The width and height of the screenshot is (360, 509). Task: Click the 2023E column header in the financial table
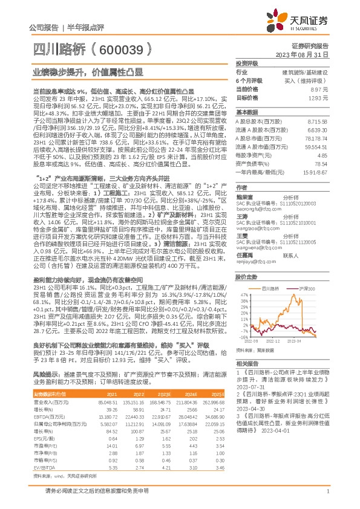coord(162,394)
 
